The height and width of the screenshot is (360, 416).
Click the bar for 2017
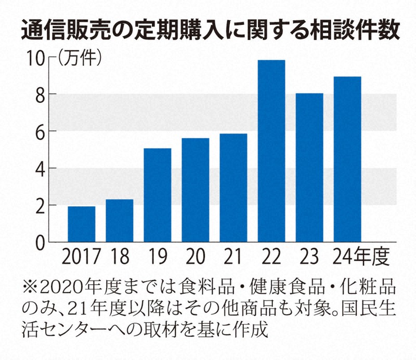point(81,224)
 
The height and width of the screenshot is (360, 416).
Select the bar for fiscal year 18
point(119,221)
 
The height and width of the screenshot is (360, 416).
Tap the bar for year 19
point(157,195)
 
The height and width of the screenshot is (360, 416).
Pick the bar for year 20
point(195,190)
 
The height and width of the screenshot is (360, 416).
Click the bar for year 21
point(233,188)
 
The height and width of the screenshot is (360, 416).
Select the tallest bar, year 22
point(271,151)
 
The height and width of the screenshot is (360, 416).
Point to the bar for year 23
point(309,168)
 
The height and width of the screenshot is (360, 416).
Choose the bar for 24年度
point(347,159)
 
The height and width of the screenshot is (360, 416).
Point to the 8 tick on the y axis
point(41,95)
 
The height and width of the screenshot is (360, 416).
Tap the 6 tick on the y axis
point(41,131)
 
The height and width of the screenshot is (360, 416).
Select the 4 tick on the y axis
point(41,168)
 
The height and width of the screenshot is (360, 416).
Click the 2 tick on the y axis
point(41,205)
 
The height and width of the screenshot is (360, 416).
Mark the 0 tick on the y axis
point(41,242)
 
